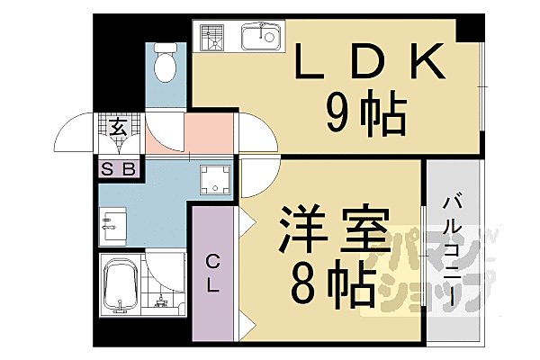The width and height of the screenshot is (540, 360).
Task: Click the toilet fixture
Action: [x=166, y=63]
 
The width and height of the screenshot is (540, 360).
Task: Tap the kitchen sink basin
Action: [x=262, y=37]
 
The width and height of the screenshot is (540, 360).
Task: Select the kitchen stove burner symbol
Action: [x=211, y=36]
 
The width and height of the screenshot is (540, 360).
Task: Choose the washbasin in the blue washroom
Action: [x=112, y=226]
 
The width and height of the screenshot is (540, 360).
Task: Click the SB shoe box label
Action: [x=119, y=169]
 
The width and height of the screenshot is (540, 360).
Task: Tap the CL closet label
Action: [x=212, y=274]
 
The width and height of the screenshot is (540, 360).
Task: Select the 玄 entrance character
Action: [x=119, y=127]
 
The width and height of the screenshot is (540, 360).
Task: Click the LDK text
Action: [x=369, y=61]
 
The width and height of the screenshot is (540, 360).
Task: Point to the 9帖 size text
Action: [x=366, y=113]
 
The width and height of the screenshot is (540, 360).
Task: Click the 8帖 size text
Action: [x=333, y=284]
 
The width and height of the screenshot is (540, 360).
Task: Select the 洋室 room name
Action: [x=334, y=229]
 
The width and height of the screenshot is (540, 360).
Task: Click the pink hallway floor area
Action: [x=209, y=132]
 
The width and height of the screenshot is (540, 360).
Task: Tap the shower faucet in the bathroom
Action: [x=160, y=301]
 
